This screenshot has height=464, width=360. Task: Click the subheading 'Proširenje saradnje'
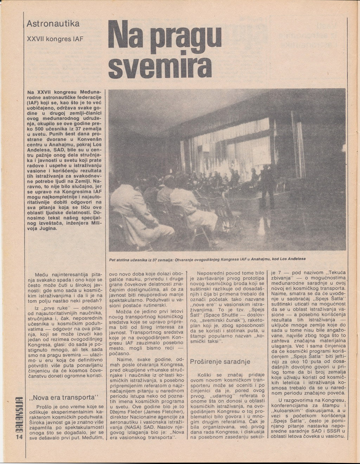[x=220, y=362]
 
